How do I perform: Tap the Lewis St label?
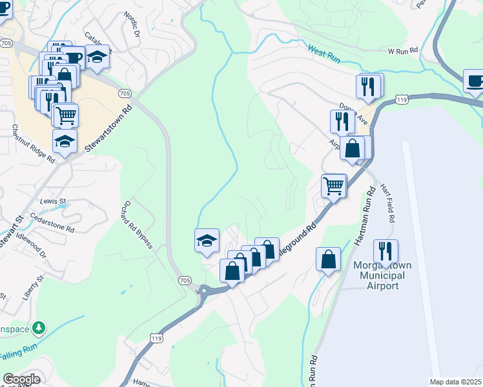[54, 201]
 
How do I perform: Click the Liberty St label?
[32, 288]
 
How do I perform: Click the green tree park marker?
[40, 328]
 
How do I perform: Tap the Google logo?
[21, 379]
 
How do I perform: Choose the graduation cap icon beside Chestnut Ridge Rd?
[65, 141]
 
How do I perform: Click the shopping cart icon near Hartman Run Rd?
[334, 186]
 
